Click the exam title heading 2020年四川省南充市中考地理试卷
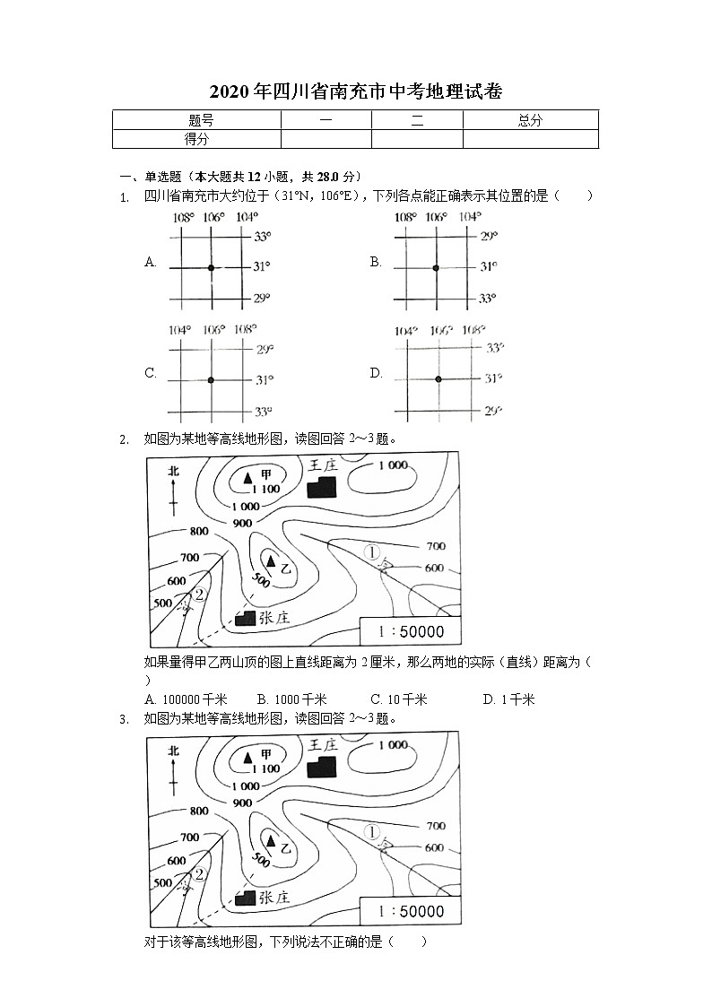(355, 91)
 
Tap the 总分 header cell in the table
(530, 119)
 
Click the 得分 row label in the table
(196, 138)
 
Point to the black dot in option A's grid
(211, 267)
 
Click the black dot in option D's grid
(438, 379)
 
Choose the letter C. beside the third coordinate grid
(151, 374)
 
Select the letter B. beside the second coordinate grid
(376, 262)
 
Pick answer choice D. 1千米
(508, 699)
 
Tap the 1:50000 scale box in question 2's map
(411, 630)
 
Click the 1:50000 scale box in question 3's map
(411, 911)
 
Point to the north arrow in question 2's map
(172, 489)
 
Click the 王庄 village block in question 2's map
(321, 485)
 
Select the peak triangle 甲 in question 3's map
(247, 758)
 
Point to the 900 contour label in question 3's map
(241, 803)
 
